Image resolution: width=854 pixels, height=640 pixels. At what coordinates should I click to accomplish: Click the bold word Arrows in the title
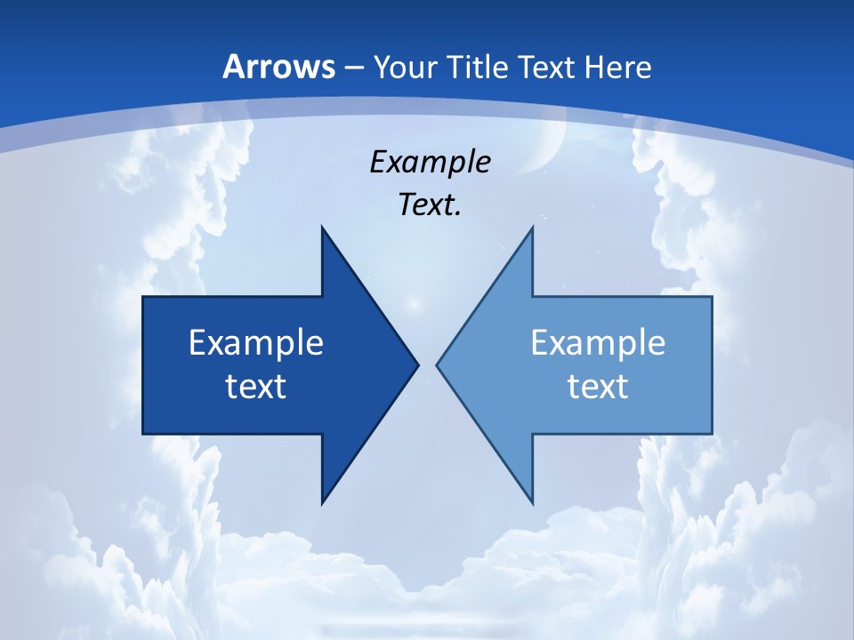pos(278,67)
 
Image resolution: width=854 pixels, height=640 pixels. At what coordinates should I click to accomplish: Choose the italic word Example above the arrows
pos(430,163)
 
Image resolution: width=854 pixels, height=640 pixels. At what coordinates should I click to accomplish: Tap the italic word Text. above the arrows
pos(430,205)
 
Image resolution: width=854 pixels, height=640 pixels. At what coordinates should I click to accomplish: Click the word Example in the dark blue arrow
pos(256,342)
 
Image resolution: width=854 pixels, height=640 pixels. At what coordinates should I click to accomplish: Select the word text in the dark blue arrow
pos(256,386)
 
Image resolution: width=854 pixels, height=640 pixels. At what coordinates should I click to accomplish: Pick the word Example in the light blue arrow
pos(598,342)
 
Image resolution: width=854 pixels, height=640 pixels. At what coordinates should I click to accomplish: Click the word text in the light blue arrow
pos(598,386)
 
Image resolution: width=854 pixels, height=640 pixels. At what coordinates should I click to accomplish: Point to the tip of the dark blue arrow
pos(417,364)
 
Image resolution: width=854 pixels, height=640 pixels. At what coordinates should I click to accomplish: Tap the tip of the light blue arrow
pos(437,364)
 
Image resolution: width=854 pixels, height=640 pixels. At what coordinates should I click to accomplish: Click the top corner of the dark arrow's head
pos(322,228)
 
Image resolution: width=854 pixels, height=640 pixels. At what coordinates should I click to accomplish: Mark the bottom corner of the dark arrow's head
pos(322,502)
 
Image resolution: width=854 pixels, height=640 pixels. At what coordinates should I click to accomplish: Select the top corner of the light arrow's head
pos(532,228)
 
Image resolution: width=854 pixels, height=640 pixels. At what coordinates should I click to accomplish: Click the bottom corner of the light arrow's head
pos(532,502)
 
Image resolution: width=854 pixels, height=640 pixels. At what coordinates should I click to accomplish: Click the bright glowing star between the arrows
pos(412,305)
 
